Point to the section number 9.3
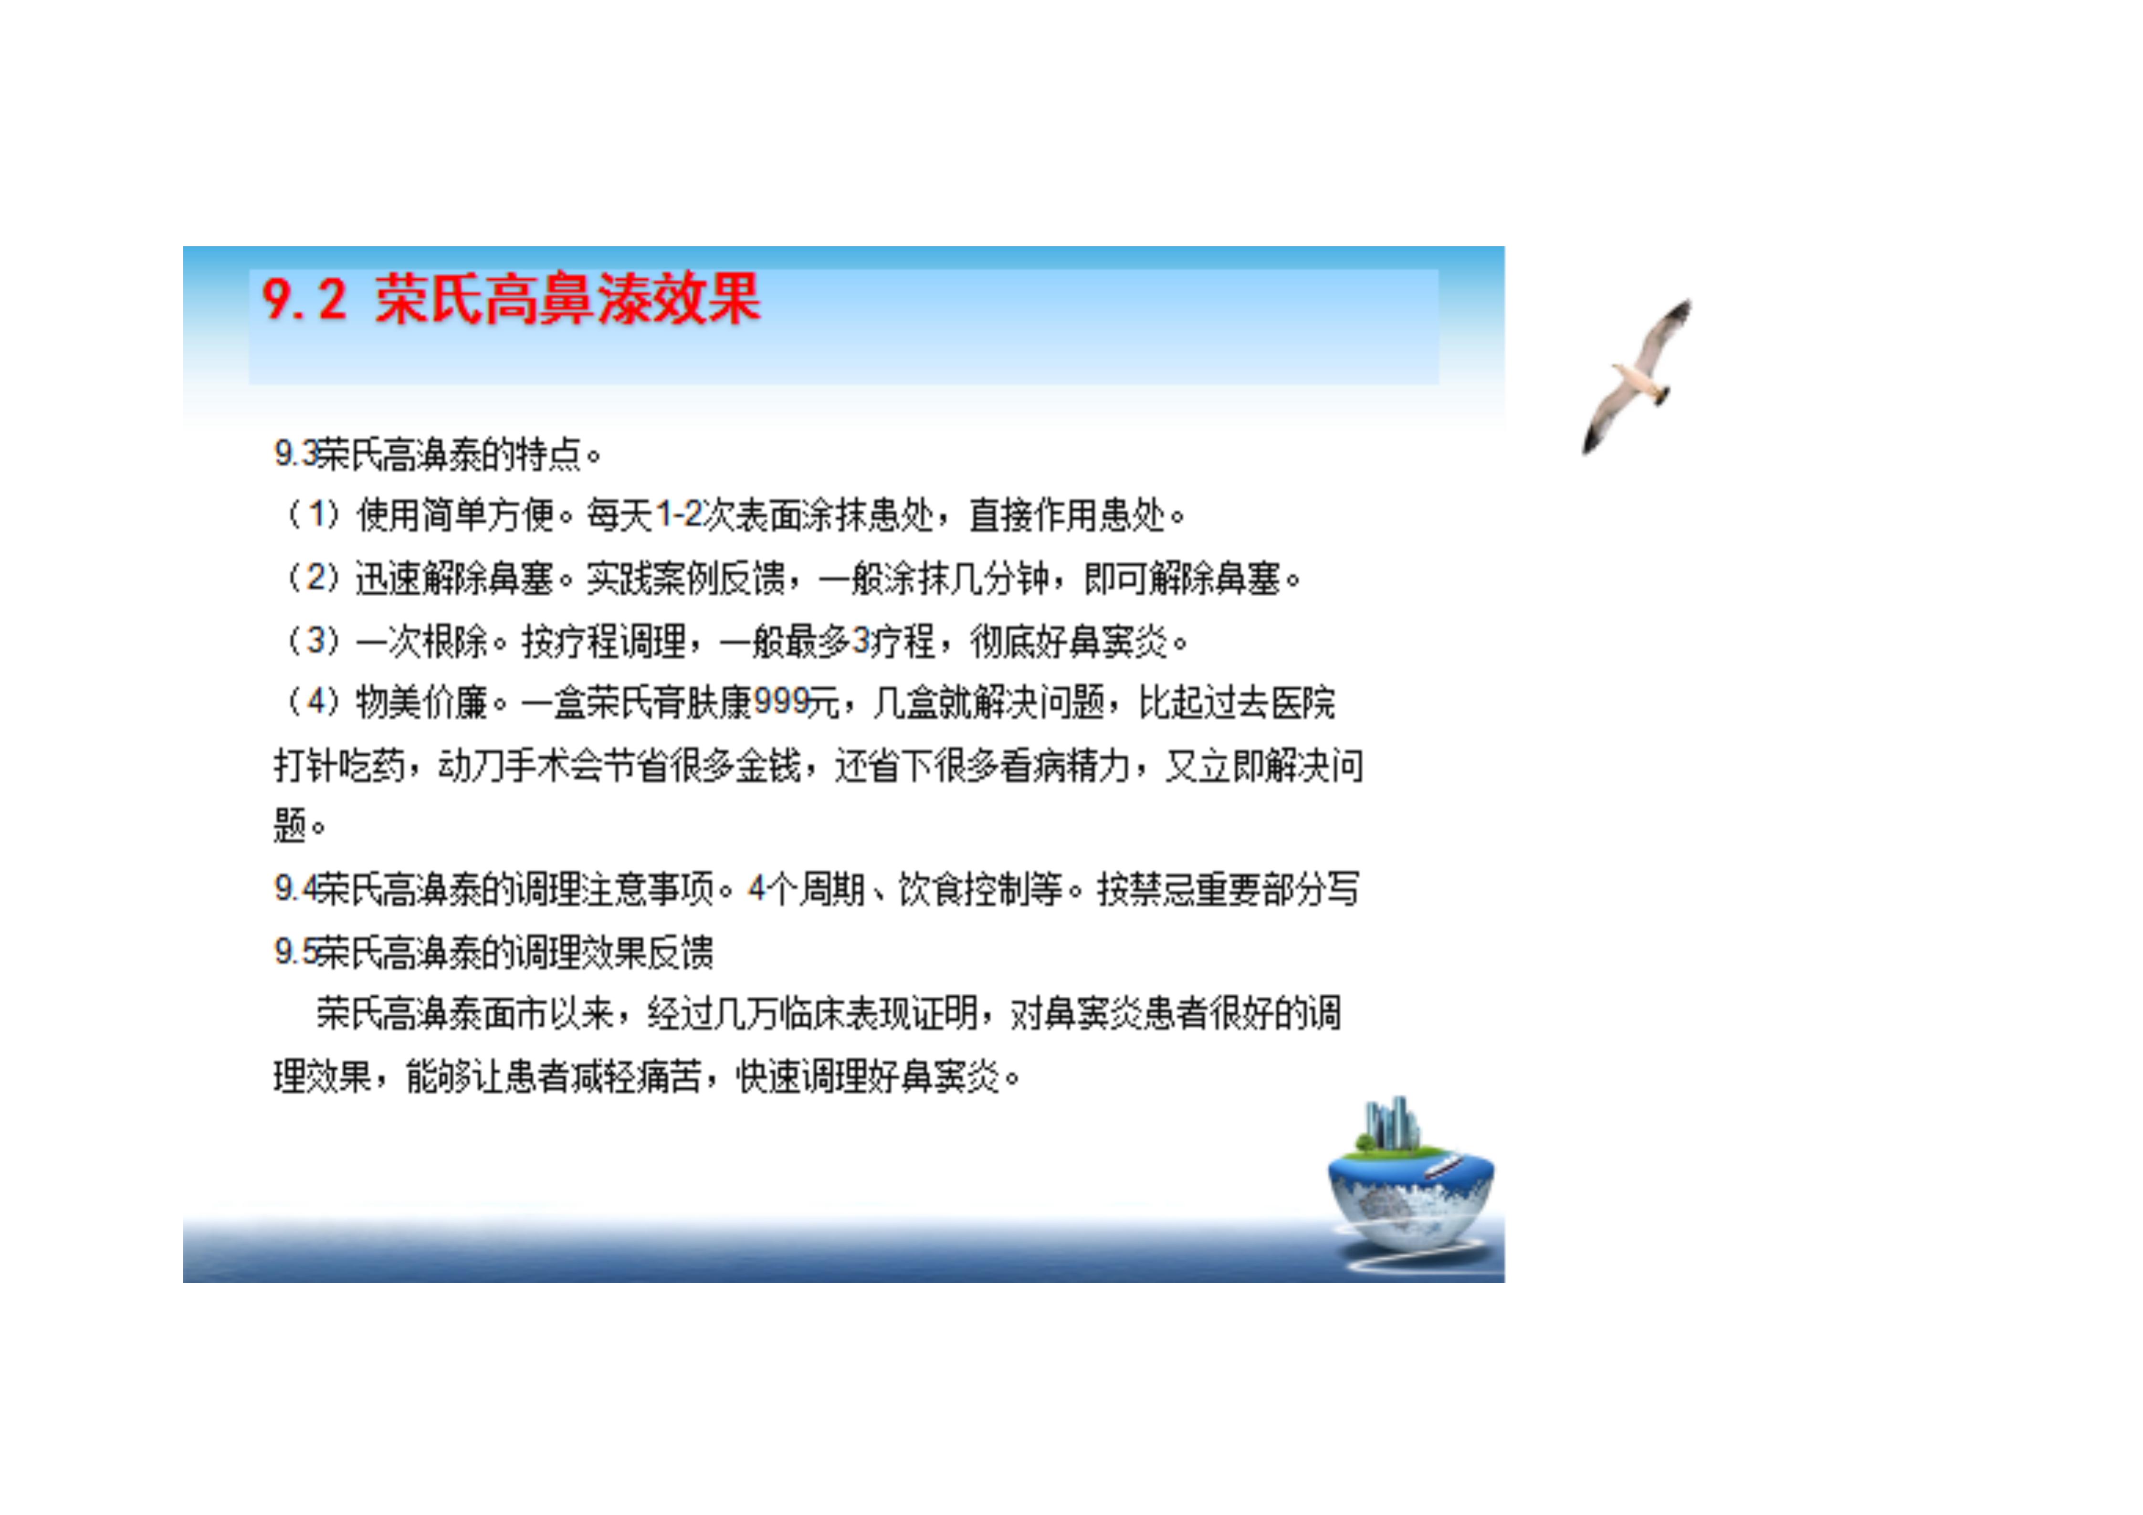pos(295,454)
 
